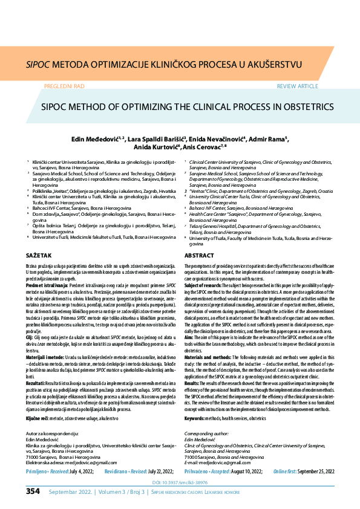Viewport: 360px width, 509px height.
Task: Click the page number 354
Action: point(33,491)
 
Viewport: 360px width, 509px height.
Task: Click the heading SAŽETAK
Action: point(39,256)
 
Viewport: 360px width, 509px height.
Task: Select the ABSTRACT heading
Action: point(198,256)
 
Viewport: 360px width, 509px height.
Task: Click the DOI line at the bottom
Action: point(180,482)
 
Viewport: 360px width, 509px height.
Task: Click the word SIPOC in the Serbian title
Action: point(38,62)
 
